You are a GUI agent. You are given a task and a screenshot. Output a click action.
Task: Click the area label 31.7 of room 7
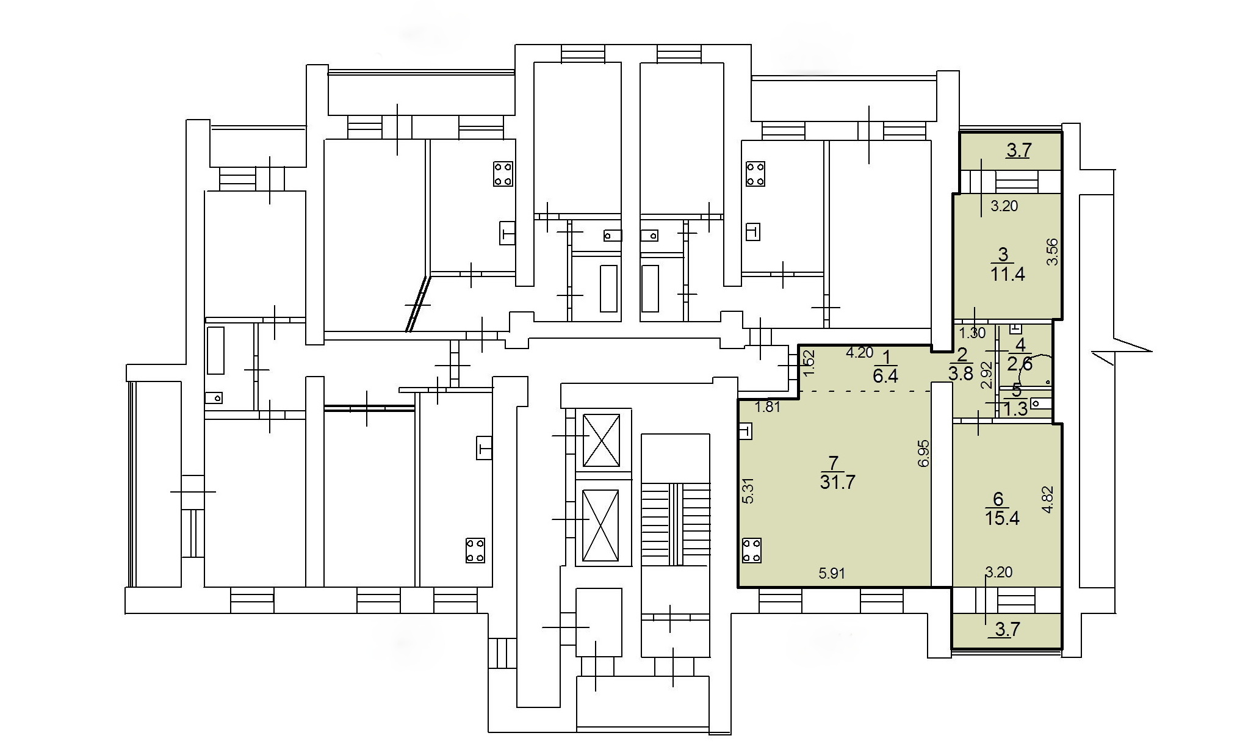(838, 482)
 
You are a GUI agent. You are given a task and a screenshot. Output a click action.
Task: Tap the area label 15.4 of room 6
(1002, 518)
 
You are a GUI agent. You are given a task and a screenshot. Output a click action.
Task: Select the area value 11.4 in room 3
(1008, 273)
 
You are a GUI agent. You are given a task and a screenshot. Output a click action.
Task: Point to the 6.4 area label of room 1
(885, 375)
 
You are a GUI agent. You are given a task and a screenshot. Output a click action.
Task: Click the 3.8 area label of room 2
(961, 374)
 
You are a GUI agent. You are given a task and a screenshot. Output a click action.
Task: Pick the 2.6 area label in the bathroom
(1019, 364)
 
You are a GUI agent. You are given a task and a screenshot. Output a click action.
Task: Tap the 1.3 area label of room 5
(1015, 409)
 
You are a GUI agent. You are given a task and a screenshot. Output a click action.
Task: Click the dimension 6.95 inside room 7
(924, 453)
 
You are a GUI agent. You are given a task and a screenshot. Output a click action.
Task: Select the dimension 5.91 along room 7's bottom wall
(832, 573)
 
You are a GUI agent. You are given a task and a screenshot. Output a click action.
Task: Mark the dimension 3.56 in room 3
(1052, 251)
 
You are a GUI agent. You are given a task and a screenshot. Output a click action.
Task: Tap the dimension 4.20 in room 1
(859, 352)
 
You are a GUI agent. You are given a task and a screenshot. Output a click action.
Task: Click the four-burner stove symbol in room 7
(751, 550)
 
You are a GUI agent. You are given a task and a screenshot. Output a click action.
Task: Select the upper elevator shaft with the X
(602, 439)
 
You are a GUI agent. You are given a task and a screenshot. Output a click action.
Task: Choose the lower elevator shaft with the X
(602, 526)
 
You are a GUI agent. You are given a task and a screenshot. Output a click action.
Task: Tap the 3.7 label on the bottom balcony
(1007, 629)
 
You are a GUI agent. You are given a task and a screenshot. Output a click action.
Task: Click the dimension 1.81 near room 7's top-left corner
(768, 406)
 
